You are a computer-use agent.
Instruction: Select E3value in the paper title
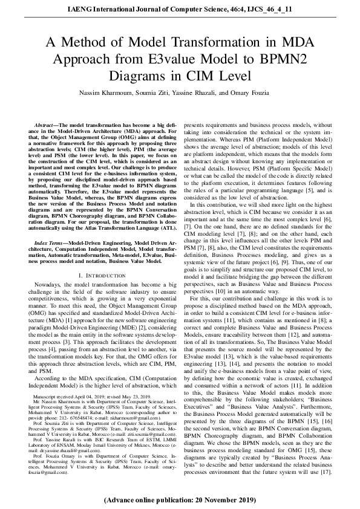226,59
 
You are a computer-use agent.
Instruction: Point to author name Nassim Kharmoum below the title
107,92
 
